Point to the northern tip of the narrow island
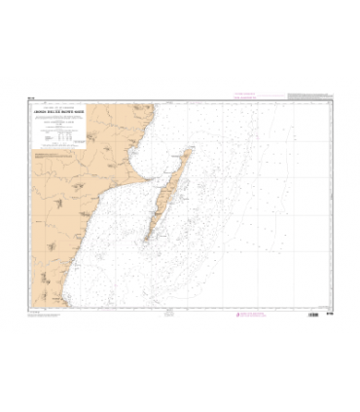[189, 152]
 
